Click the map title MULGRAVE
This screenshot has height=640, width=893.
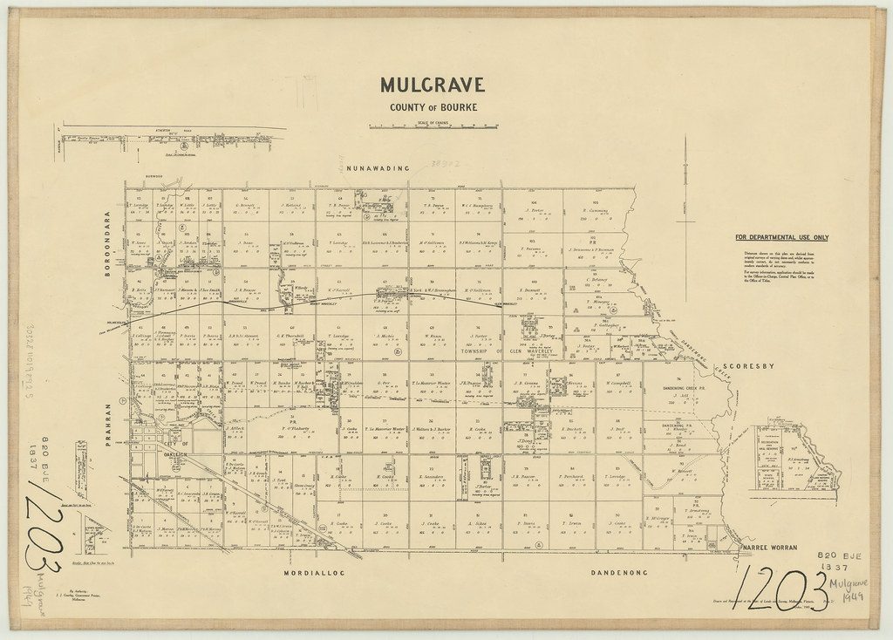433,85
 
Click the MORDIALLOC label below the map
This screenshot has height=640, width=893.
317,575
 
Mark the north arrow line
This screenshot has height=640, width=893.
686,201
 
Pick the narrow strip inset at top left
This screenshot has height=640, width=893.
170,137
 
